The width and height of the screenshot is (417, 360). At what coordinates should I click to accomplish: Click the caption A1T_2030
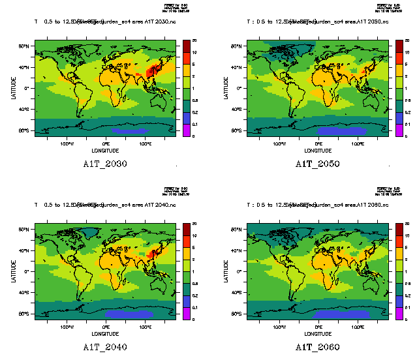click(105, 164)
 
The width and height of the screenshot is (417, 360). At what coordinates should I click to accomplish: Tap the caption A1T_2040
click(105, 347)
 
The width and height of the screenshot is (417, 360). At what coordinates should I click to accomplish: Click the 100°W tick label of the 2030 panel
click(67, 143)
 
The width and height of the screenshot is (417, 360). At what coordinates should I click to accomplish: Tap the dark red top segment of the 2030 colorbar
click(186, 43)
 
